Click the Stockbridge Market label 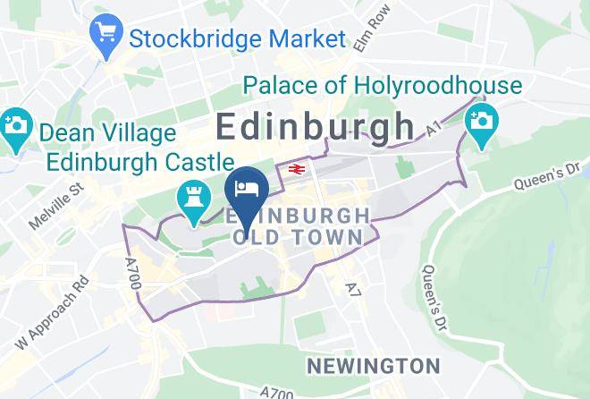(237, 39)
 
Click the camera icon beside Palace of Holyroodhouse (481, 119)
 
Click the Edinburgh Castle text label (139, 162)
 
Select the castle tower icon (190, 199)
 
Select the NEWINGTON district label (373, 366)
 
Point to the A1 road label (434, 131)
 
